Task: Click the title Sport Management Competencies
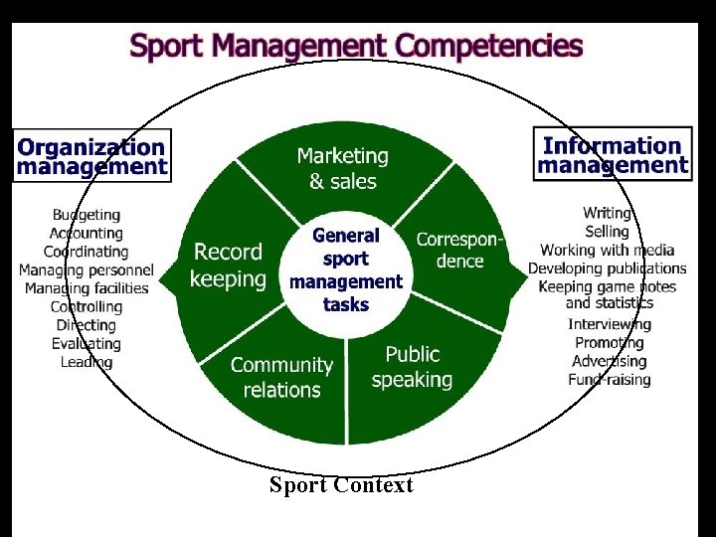point(356,46)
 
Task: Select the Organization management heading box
point(91,156)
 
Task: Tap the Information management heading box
point(613,156)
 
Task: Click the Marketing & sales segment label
point(342,168)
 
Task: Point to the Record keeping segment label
point(228,266)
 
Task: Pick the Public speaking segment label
point(412,366)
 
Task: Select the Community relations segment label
point(281,377)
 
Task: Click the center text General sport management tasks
point(345,269)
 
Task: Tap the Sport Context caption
point(341,485)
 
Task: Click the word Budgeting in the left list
point(87,215)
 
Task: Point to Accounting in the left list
point(87,233)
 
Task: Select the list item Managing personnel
point(87,269)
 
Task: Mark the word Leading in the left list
point(87,362)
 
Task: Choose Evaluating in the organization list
point(87,343)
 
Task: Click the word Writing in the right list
point(608,213)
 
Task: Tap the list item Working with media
point(608,250)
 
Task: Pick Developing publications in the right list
point(608,268)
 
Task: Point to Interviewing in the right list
point(610,324)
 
